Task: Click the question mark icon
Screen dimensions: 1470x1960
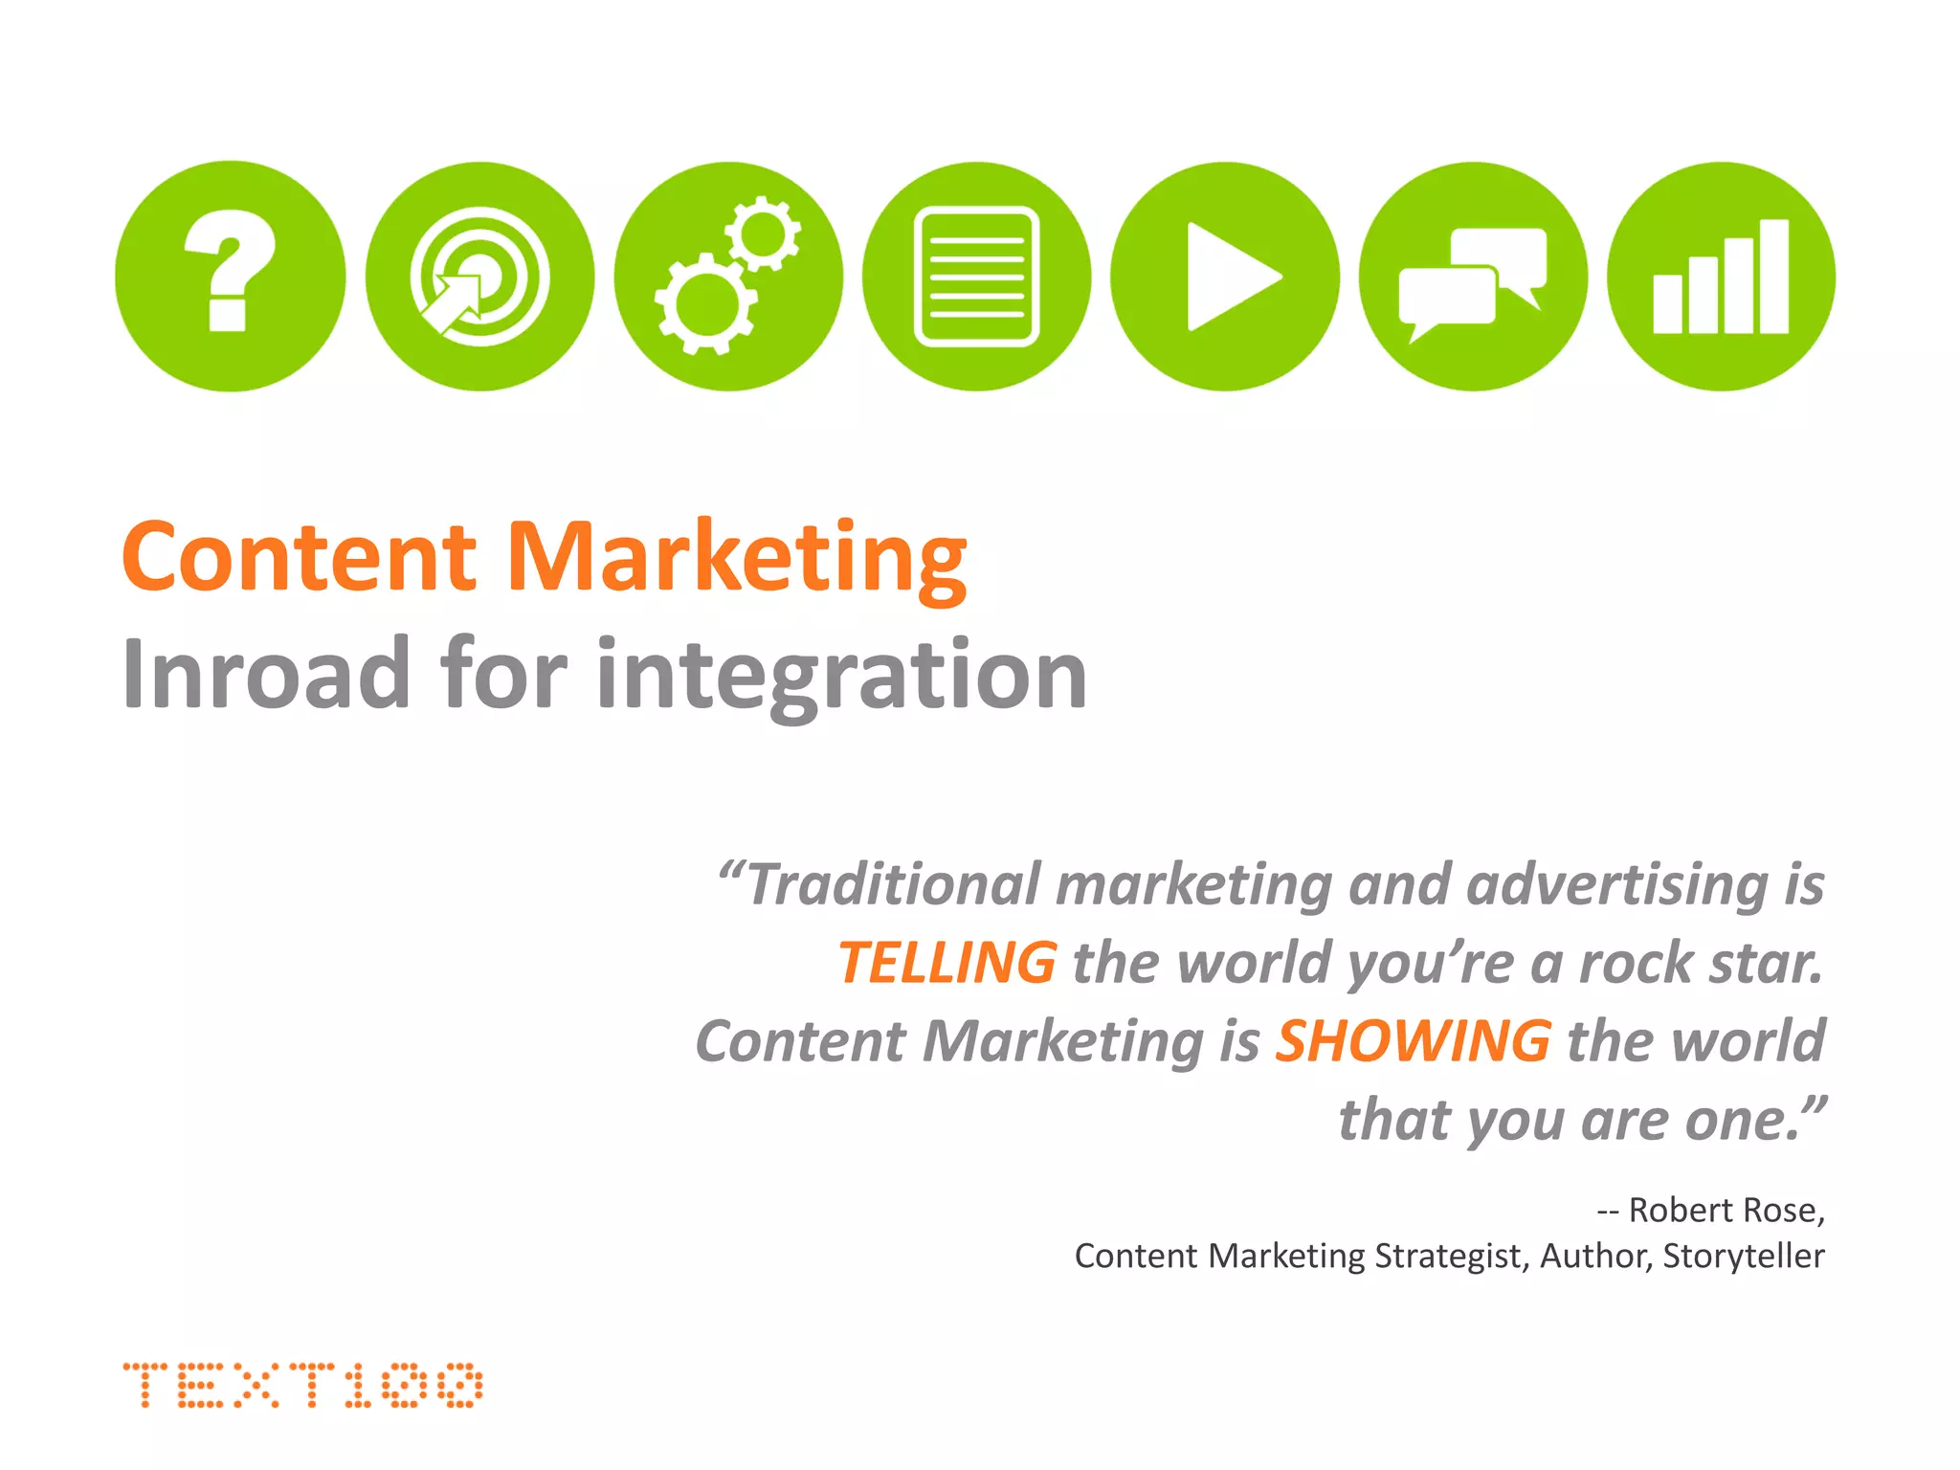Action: (x=230, y=276)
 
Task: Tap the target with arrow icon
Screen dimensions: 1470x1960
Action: (x=479, y=277)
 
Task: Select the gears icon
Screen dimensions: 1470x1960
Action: (x=728, y=277)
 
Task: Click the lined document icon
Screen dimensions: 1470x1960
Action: (x=976, y=277)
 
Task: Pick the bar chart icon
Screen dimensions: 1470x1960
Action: (x=1721, y=277)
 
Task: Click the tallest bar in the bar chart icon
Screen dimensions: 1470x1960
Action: (x=1773, y=277)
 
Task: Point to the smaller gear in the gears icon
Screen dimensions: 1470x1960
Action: (x=763, y=233)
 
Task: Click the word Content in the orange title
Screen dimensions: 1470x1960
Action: (x=299, y=557)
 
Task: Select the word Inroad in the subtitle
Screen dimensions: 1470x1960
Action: (x=267, y=674)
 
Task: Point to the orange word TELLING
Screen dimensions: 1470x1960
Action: (x=947, y=963)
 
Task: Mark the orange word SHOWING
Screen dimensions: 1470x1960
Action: (x=1413, y=1041)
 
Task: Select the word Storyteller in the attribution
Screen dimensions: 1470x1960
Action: (x=1743, y=1256)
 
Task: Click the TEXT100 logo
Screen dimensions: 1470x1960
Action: (x=302, y=1385)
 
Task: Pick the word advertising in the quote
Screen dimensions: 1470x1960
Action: (x=1616, y=883)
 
